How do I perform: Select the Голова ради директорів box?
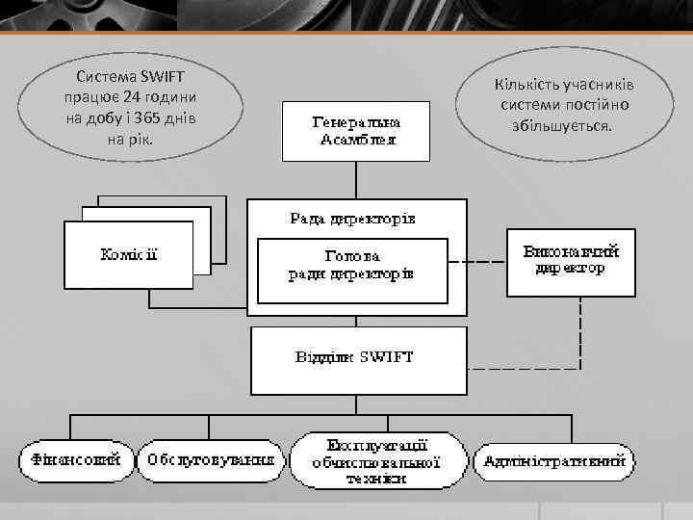(x=352, y=267)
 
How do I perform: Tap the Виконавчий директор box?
(x=570, y=260)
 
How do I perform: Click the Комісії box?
(x=129, y=255)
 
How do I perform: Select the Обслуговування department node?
(x=211, y=460)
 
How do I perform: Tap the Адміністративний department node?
(x=555, y=460)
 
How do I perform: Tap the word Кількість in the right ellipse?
(x=528, y=84)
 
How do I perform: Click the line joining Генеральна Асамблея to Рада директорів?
(x=357, y=180)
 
